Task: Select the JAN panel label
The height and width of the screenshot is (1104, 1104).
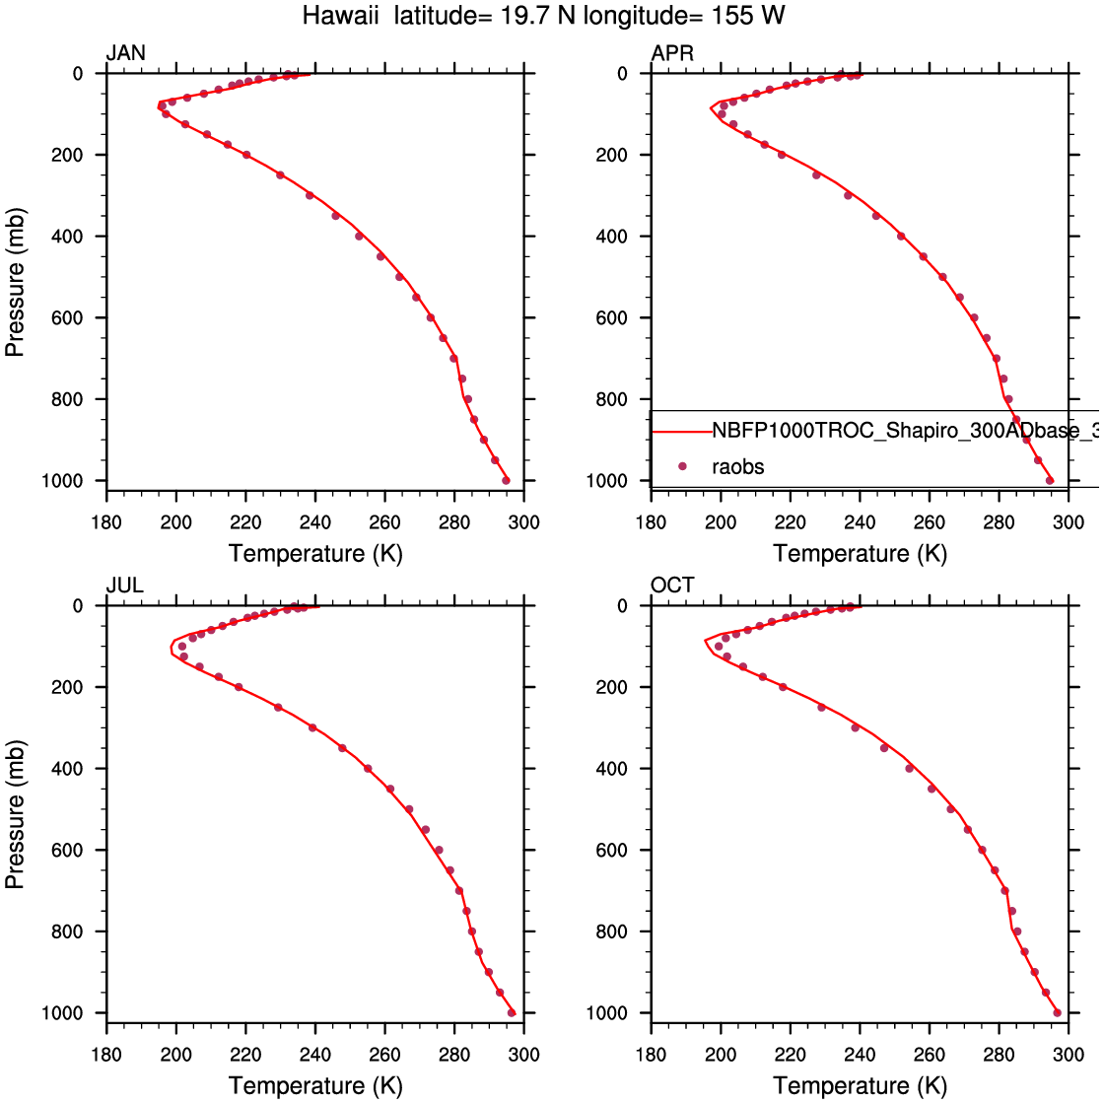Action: point(125,53)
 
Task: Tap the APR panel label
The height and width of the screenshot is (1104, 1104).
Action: point(672,53)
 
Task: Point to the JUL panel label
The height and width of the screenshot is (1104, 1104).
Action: point(124,586)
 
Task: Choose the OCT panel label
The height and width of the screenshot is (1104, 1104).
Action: point(672,586)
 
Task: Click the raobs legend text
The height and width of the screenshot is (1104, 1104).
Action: point(737,466)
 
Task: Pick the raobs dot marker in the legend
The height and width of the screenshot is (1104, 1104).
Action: point(682,466)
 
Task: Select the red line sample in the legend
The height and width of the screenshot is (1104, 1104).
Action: point(682,432)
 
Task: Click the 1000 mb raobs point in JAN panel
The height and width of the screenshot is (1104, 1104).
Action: point(506,480)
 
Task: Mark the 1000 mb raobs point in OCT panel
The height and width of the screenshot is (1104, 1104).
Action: point(1057,1012)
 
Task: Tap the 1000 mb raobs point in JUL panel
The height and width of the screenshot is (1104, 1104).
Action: point(511,1012)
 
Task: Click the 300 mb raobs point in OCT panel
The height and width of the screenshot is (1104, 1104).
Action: point(856,727)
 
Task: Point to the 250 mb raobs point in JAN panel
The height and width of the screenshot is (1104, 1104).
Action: point(280,175)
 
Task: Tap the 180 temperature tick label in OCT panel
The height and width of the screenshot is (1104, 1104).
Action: point(651,1055)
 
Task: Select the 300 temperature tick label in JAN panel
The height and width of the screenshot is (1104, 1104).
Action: point(523,522)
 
